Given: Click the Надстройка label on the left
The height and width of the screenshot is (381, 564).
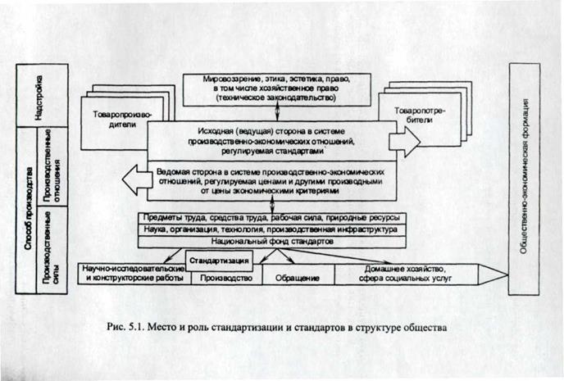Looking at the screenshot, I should pyautogui.click(x=38, y=97).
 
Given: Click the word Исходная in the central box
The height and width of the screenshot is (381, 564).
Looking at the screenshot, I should pyautogui.click(x=216, y=129).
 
